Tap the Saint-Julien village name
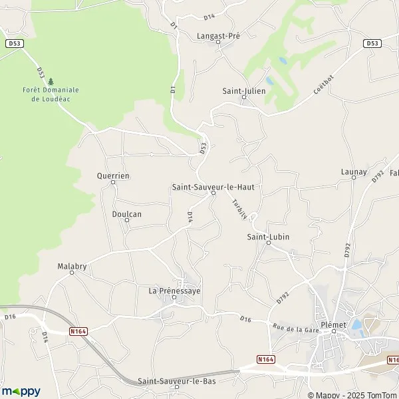[x=244, y=90]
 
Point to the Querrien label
[x=112, y=176]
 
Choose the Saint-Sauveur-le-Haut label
[x=213, y=187]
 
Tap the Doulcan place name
[x=127, y=214]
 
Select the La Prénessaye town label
[x=175, y=290]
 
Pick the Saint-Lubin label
[x=268, y=236]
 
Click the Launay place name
[x=354, y=172]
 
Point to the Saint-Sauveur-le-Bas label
[x=176, y=381]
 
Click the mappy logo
[x=21, y=392]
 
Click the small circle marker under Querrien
[x=112, y=182]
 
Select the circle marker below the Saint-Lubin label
[x=268, y=243]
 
